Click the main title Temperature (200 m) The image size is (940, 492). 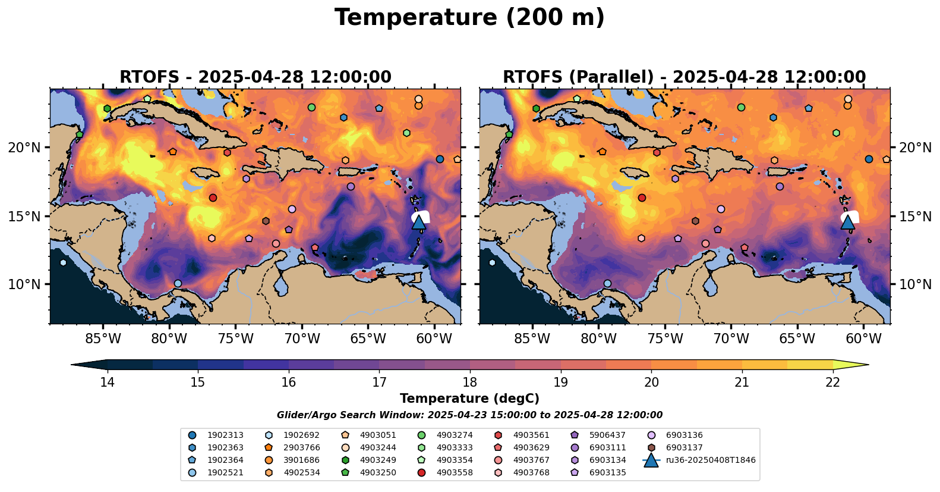coord(469,18)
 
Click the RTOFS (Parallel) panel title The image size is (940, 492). coord(684,77)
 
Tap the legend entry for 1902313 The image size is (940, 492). coord(216,435)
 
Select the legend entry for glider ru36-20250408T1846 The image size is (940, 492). coord(699,460)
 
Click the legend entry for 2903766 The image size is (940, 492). coord(292,448)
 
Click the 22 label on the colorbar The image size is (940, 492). coord(832,383)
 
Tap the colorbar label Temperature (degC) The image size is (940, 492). coord(469,399)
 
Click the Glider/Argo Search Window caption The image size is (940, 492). coord(469,415)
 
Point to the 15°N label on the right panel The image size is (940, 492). coord(915,216)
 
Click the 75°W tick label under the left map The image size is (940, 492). coord(236,339)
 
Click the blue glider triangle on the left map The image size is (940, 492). coord(419,223)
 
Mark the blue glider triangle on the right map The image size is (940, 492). coord(848,223)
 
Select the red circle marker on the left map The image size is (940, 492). coord(213,198)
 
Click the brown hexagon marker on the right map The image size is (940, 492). coord(695,221)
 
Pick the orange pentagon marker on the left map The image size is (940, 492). coord(172,152)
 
